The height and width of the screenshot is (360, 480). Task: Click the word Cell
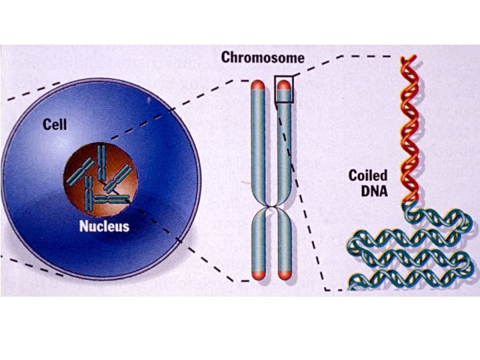pos(55,123)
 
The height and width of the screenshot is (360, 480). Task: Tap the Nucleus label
pos(105,225)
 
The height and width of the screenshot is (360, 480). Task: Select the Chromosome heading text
pos(263,58)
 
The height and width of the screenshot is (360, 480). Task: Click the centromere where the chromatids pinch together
pos(271,211)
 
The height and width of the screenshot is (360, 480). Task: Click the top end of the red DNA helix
pos(406,62)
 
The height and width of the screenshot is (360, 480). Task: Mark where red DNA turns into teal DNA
pos(407,203)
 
